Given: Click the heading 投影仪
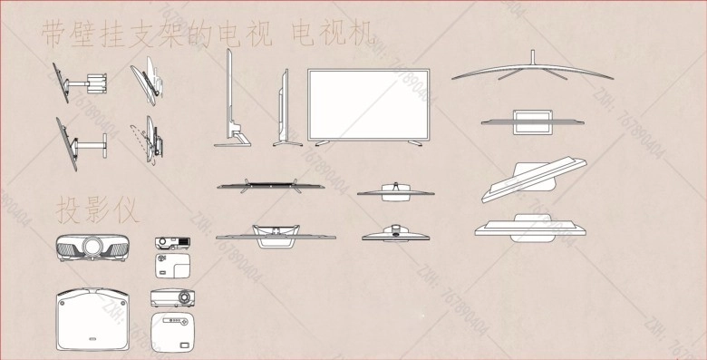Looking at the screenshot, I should [x=98, y=211].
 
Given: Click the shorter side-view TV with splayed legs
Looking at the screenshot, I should [x=284, y=106].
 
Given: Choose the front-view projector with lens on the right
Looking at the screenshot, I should [x=171, y=297].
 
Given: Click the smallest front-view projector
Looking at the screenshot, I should [x=171, y=242].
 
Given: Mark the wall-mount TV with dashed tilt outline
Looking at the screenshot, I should [x=149, y=138].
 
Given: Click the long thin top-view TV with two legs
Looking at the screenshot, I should [x=269, y=186].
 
